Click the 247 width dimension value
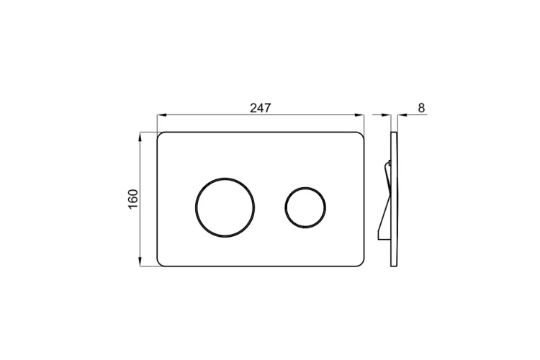(261, 108)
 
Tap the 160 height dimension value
(133, 199)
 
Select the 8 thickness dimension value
(421, 108)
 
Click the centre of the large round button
(225, 207)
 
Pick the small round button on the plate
(305, 207)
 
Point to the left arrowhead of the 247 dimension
(161, 114)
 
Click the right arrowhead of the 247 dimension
(360, 114)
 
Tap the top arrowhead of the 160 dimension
(140, 137)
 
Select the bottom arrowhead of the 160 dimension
(140, 262)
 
